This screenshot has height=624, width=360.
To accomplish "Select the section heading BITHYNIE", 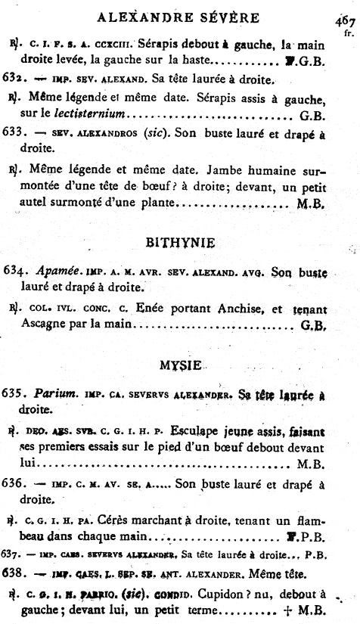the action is click(x=179, y=244).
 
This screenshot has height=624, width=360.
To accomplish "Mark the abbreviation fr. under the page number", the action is click(x=348, y=33).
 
